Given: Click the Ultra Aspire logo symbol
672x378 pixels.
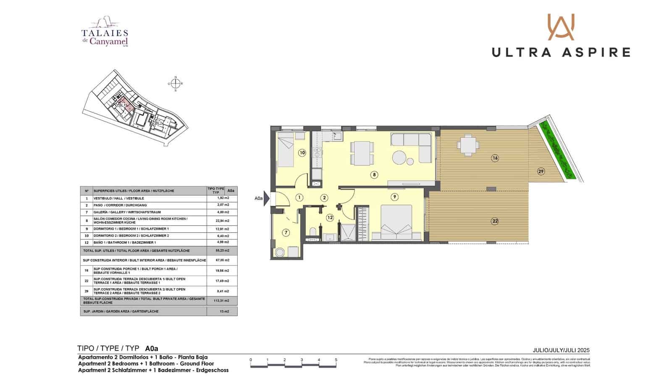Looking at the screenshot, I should tap(561, 27).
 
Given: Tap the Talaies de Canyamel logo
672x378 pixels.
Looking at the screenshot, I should tap(105, 33).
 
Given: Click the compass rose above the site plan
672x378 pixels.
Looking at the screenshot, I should tap(176, 84).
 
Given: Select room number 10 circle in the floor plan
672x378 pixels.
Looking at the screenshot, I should tap(302, 152).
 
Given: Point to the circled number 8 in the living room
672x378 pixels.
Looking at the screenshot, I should tap(374, 175).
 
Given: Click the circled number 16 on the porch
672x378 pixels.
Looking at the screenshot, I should tap(495, 158).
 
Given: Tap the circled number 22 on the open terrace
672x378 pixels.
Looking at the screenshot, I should tap(495, 221).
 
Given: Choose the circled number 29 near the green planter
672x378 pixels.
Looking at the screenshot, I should tap(541, 171).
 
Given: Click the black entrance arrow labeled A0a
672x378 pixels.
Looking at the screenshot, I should tap(266, 198).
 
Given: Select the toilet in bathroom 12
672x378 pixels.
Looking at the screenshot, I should tap(312, 232).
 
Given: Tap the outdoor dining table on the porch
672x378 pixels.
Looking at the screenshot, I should tap(467, 146).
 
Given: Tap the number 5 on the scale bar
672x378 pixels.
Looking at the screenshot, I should tap(336, 360).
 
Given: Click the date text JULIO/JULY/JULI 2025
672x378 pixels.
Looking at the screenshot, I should tap(561, 350).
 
